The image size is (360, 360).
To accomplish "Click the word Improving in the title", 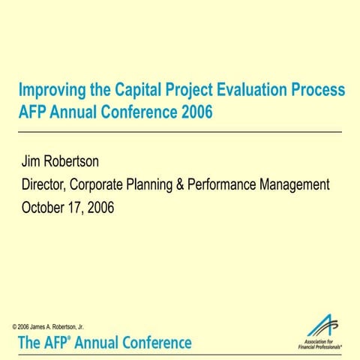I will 50,91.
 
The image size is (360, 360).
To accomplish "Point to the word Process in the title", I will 319,91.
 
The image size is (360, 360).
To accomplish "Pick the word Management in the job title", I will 292,184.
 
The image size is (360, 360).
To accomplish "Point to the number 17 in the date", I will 80,208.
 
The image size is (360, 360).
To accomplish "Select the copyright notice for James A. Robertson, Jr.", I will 48,328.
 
